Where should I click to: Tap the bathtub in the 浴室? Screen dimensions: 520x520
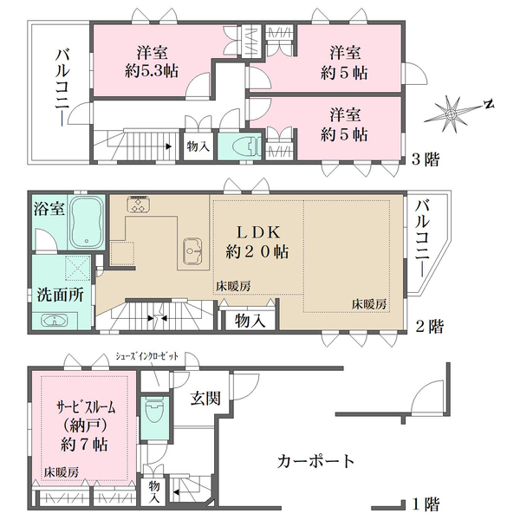coord(86,222)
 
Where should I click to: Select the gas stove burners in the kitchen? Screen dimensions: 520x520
coord(139,204)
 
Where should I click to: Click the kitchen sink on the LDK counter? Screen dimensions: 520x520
coord(192,250)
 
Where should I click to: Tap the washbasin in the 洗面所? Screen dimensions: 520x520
coord(54,321)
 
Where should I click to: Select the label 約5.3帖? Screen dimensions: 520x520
coord(151,71)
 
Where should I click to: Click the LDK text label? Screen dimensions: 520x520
coord(257,233)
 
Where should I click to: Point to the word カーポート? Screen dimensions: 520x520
coord(315,461)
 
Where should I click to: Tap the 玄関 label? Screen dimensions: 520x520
coord(205,398)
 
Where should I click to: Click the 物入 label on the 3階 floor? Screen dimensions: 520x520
coord(198,146)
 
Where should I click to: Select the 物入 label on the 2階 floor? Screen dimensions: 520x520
coord(250,321)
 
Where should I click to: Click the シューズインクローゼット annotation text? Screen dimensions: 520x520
coord(146,356)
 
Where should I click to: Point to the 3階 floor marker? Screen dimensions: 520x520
coord(426,159)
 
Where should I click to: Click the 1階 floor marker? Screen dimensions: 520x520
coord(426,504)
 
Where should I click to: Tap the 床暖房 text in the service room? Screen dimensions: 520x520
coord(62,472)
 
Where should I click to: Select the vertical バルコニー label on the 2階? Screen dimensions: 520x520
coord(423,237)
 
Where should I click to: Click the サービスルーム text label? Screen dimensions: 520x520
coord(86,407)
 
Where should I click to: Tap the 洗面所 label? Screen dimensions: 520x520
coord(60,295)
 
